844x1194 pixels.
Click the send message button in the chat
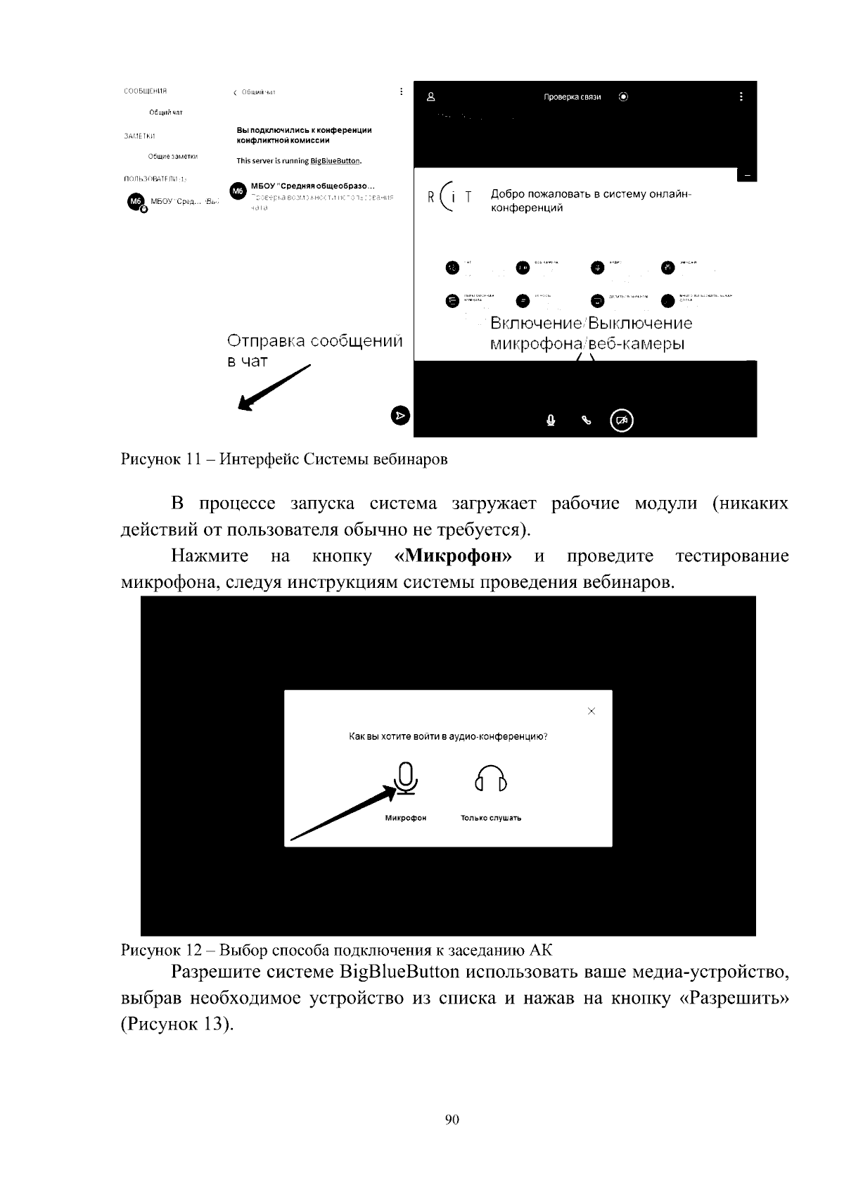[399, 416]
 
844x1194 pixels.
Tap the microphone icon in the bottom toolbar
[551, 421]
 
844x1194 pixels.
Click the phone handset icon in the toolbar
[587, 421]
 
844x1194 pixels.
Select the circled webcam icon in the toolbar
[622, 421]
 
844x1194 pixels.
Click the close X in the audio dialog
[591, 711]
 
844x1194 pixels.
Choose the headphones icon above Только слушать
[491, 779]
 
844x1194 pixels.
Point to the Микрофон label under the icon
[405, 818]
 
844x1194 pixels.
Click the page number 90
[452, 1119]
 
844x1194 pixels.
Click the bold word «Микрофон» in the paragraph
[454, 556]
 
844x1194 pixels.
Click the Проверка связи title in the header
[572, 97]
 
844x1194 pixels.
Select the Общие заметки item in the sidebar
[172, 156]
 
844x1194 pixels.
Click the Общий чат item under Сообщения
[166, 113]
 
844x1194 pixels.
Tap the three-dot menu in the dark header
[741, 96]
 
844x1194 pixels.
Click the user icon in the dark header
[431, 97]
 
